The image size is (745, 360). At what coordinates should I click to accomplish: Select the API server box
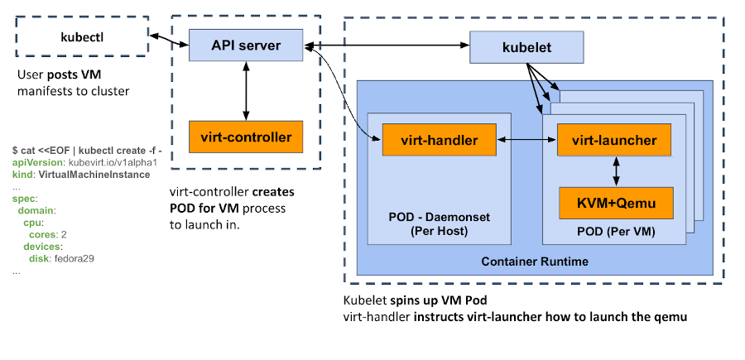[245, 45]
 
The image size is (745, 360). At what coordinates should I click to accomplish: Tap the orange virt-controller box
[245, 136]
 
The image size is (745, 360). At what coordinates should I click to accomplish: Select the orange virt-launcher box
[614, 141]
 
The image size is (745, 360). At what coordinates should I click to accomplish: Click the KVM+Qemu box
[614, 202]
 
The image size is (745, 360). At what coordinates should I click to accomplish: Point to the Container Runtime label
[535, 262]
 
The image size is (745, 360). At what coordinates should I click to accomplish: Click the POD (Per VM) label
[613, 233]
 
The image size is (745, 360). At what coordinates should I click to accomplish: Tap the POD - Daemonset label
[439, 217]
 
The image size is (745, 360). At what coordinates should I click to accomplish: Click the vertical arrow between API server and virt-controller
[245, 90]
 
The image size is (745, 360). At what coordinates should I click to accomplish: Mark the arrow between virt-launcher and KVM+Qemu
[614, 171]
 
